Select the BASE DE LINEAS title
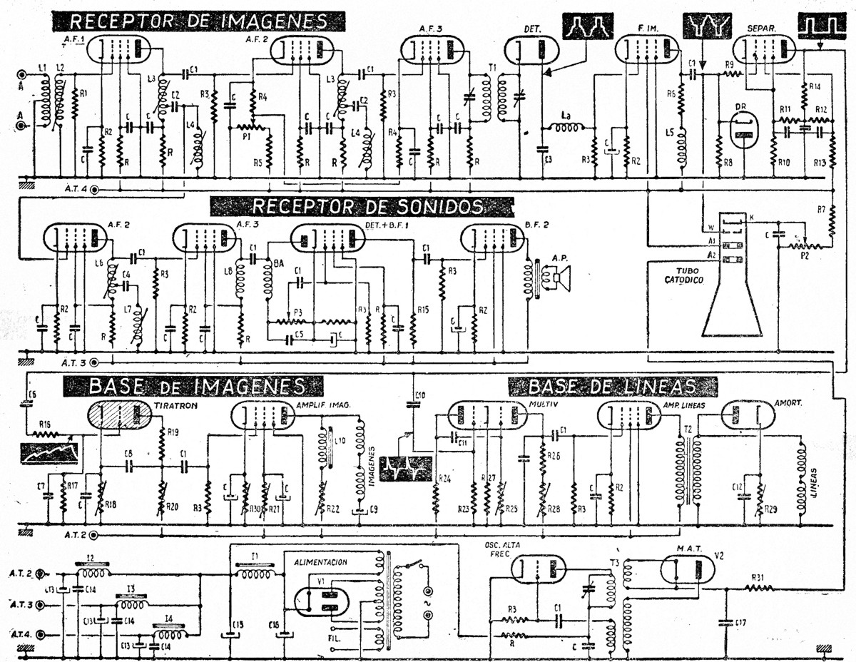click(x=612, y=387)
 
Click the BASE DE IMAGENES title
click(x=196, y=387)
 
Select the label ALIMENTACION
click(x=320, y=562)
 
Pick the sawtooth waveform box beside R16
click(x=50, y=453)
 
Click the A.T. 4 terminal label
click(x=74, y=189)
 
